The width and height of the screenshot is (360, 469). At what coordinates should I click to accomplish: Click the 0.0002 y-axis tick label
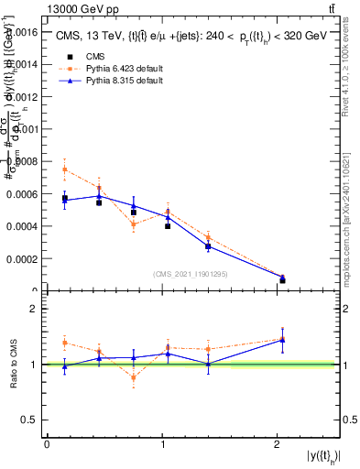coord(23,258)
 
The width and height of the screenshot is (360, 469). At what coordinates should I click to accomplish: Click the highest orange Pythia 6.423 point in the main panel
coord(65,169)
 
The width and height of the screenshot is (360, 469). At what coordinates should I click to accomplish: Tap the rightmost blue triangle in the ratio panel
coord(282,340)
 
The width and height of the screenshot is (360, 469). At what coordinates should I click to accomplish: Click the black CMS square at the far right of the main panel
coord(282,279)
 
